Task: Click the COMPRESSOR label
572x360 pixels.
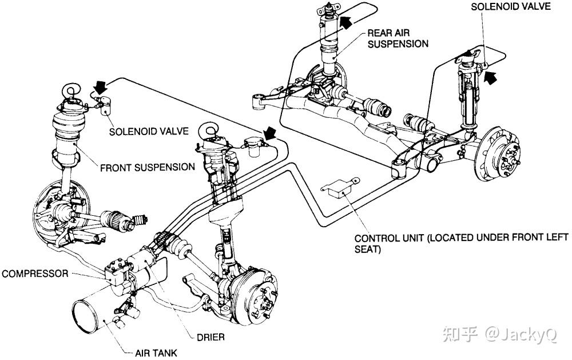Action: click(x=34, y=274)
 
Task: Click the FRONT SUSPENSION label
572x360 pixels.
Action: click(x=147, y=167)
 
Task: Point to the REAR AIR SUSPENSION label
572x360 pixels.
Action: click(x=398, y=38)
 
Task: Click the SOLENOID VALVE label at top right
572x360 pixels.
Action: click(x=510, y=6)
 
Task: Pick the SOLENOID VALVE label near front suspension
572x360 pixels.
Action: click(x=149, y=131)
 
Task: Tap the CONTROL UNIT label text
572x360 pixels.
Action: click(x=461, y=244)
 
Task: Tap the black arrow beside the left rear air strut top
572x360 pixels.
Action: click(x=346, y=22)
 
